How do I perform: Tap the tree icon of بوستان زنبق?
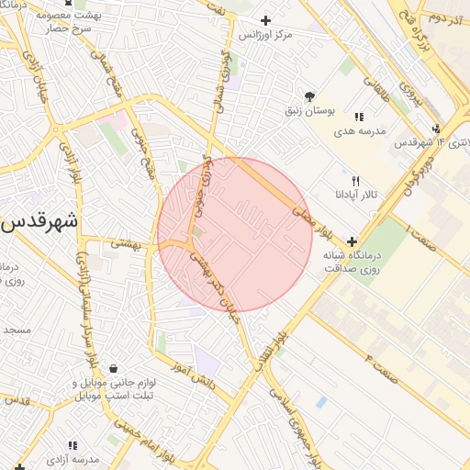point(308,95)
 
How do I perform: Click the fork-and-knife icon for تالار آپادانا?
point(355,181)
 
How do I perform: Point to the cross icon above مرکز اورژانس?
point(266,20)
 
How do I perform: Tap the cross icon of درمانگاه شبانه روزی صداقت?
point(351,241)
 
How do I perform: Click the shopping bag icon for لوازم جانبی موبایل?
point(112,368)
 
